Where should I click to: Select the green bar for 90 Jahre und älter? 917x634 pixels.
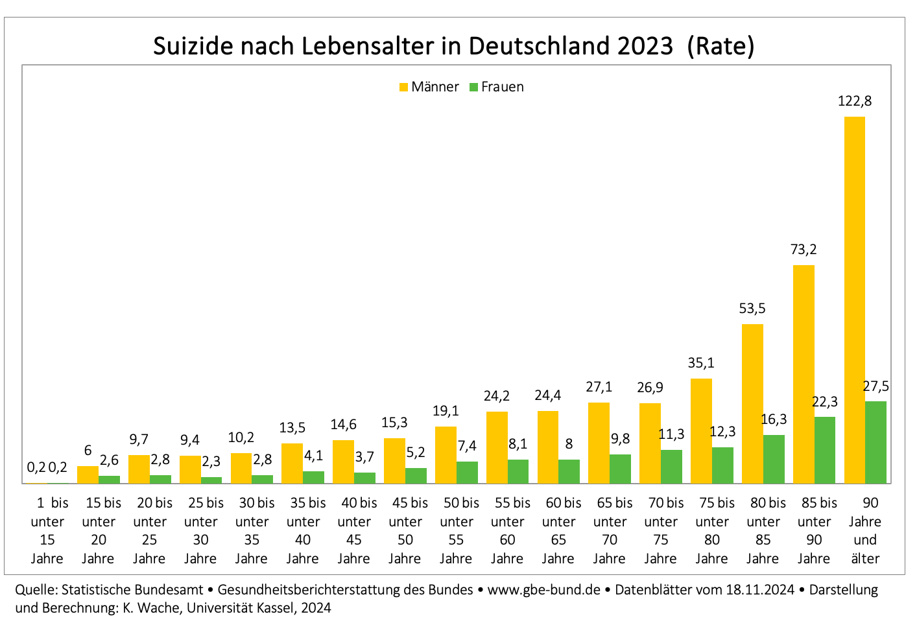point(875,442)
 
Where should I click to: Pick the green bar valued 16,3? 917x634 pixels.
point(774,459)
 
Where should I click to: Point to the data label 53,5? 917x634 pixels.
point(752,309)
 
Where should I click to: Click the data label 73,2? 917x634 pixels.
point(804,250)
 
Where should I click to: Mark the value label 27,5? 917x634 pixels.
point(875,386)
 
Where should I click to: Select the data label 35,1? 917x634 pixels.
point(701,363)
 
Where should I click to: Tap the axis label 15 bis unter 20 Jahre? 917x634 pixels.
point(99,530)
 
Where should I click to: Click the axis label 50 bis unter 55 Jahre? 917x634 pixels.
point(457,530)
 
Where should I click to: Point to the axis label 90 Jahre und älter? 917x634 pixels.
point(865,530)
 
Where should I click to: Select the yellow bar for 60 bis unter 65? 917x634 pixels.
point(548,447)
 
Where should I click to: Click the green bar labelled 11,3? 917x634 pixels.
point(671,467)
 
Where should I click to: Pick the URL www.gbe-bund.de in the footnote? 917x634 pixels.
point(543,590)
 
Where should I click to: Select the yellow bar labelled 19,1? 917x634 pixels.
point(446,455)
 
